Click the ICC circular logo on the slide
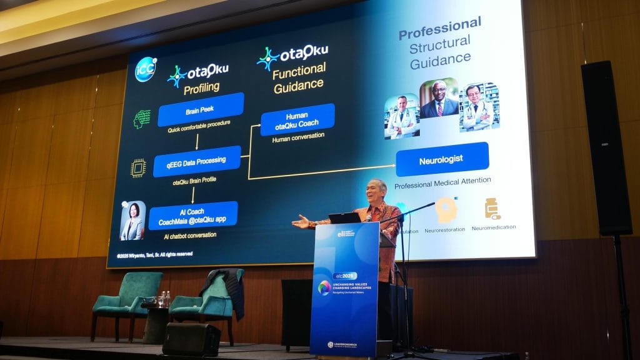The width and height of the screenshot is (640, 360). point(146,69)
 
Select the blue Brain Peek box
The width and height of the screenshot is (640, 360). point(201,111)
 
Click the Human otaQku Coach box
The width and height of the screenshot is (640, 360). point(297,119)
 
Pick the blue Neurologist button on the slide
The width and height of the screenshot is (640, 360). point(441,159)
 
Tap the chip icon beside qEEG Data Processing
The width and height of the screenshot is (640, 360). point(138,167)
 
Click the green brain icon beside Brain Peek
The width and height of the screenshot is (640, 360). point(142,119)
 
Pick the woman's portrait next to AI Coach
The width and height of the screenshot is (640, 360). point(132,221)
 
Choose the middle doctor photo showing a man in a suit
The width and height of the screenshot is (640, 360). point(438,100)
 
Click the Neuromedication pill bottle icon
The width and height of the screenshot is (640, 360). point(492,209)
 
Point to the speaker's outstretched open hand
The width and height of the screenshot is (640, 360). point(301,221)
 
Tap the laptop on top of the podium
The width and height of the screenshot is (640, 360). point(344,217)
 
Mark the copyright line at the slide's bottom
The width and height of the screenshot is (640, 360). point(155,254)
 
